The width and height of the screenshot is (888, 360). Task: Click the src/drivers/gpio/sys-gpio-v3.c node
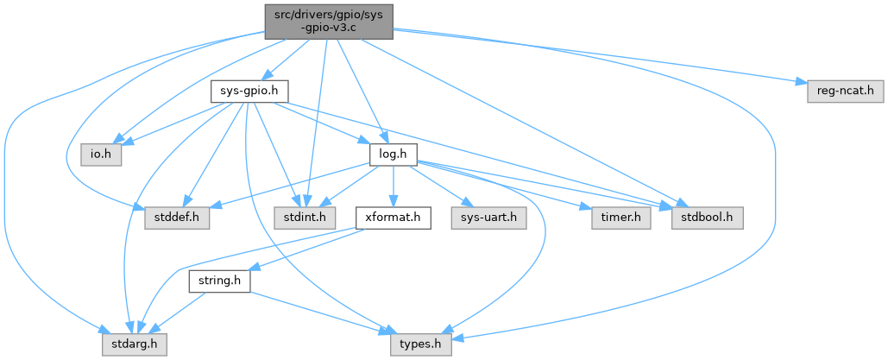(328, 21)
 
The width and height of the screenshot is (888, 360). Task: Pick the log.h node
(393, 155)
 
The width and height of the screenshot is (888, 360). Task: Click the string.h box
(219, 282)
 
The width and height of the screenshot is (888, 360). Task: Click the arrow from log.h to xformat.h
(393, 186)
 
